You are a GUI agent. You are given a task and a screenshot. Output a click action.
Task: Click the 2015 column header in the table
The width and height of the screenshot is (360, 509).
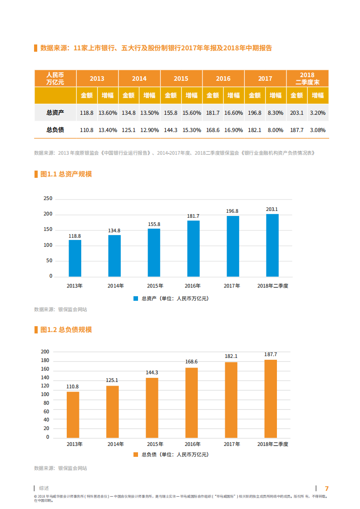[x=181, y=78]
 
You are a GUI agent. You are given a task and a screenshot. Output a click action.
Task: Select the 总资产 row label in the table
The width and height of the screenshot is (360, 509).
[x=55, y=112]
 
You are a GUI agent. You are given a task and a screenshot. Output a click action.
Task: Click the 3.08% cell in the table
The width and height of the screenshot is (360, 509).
[x=318, y=130]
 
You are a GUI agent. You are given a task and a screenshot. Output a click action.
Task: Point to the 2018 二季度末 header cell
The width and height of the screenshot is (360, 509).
[x=307, y=78]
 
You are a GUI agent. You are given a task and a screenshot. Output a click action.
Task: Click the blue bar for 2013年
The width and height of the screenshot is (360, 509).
[x=75, y=258]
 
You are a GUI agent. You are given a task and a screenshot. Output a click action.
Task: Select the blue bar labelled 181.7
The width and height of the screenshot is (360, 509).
[x=193, y=248]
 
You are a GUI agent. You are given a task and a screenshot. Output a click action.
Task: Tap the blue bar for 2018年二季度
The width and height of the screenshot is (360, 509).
[x=272, y=245]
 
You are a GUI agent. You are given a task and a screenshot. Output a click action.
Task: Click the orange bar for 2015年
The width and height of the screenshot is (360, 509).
[x=152, y=407]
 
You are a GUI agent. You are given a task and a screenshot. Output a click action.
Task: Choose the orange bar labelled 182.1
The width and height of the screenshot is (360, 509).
[x=231, y=399]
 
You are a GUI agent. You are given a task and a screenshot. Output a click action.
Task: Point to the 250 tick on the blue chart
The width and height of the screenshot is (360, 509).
[x=48, y=199]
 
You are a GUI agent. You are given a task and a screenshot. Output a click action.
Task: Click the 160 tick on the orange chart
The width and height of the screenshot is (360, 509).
[x=45, y=369]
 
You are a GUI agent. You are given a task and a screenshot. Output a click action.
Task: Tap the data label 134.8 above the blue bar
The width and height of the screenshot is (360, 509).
[x=114, y=231]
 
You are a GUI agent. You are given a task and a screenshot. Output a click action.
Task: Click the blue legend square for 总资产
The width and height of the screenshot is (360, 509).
[x=136, y=299]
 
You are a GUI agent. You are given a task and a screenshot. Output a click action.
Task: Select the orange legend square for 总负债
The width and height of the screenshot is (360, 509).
[x=136, y=454]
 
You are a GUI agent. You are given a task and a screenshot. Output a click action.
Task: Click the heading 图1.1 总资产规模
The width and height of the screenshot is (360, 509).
[x=66, y=174]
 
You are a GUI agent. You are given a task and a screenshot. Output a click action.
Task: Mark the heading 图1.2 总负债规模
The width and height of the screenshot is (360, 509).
[x=66, y=330]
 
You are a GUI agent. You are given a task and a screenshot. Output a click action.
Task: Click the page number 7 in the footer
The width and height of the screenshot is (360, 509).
[x=326, y=489]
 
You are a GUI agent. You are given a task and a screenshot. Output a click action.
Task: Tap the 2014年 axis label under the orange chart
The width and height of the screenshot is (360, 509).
[x=115, y=444]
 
